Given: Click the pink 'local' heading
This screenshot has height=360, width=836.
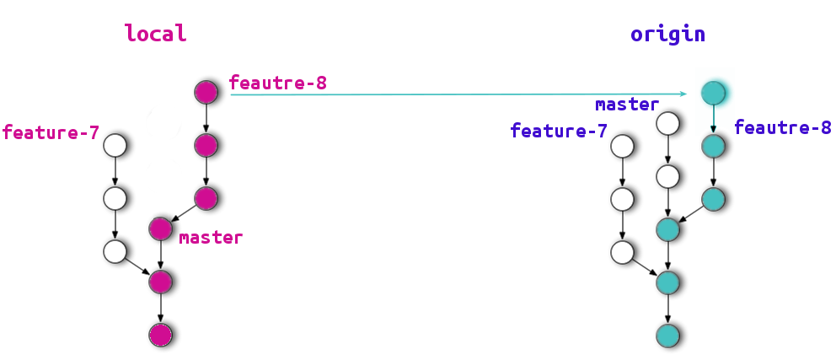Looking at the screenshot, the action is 155,34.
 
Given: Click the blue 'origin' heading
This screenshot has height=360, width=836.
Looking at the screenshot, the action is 667,35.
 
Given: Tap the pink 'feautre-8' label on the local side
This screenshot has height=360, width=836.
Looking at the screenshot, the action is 277,83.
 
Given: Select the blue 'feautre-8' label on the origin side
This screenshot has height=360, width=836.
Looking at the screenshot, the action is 783,127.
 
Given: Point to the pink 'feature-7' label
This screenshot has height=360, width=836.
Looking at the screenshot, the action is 51,132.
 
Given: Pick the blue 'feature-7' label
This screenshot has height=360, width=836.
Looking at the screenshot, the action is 559,131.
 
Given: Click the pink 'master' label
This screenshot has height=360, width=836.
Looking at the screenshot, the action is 211,238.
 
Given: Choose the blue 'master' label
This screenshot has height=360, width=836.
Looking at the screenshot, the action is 626,105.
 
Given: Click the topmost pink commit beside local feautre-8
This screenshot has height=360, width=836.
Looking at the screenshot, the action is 206,92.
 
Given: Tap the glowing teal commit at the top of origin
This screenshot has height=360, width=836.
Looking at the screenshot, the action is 714,93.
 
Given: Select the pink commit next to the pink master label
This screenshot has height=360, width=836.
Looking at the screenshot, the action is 161,228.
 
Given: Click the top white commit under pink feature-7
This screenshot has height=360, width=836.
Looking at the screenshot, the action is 115,146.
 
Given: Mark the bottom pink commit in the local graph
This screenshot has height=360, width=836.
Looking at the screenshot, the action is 160,335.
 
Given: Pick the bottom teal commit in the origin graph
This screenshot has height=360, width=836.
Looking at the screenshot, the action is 667,335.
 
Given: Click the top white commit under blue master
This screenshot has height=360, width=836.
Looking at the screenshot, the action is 667,124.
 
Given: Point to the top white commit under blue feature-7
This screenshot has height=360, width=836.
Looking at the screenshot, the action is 622,146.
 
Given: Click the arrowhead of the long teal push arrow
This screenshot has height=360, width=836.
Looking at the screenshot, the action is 686,94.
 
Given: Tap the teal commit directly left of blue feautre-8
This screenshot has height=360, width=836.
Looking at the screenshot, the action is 714,146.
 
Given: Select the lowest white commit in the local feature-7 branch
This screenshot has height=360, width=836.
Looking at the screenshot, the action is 115,250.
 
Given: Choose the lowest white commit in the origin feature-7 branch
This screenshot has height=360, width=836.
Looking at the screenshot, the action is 622,250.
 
